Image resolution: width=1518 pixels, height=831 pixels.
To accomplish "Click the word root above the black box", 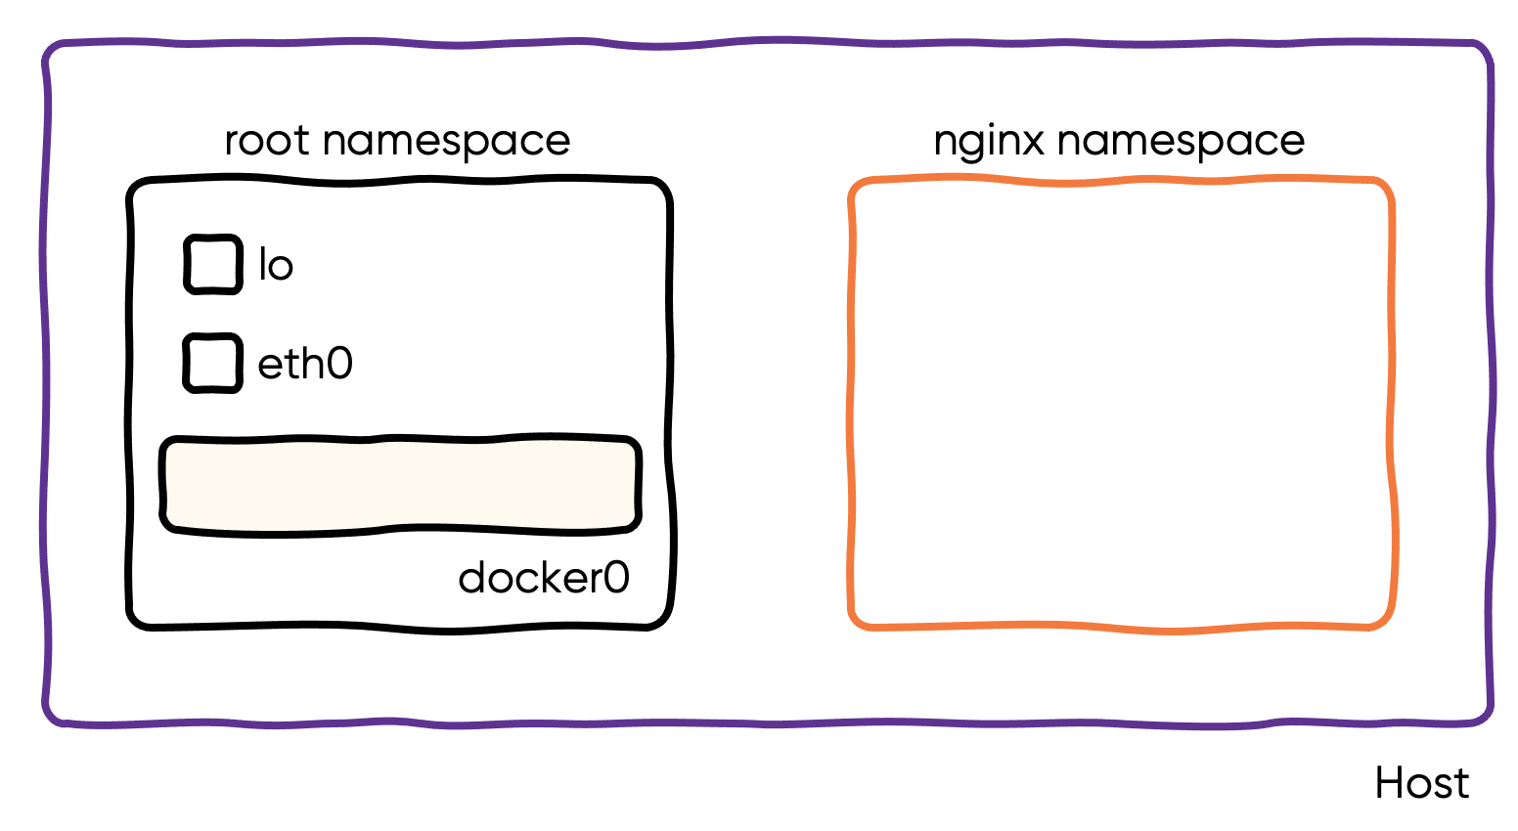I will tap(268, 142).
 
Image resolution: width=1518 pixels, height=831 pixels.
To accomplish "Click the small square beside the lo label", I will tap(213, 264).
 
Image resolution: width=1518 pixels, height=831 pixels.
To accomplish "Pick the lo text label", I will tap(275, 265).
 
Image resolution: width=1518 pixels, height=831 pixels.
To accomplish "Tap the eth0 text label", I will tap(305, 364).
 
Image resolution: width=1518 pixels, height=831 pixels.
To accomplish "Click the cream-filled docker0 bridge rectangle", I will tap(400, 485).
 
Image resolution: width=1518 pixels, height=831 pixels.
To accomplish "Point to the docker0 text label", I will tap(544, 578).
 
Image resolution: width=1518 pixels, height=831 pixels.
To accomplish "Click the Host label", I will tap(1421, 783).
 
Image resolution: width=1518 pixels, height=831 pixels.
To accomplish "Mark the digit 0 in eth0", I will tap(339, 364).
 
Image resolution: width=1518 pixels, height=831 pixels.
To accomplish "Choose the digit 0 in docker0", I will tap(616, 578).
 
